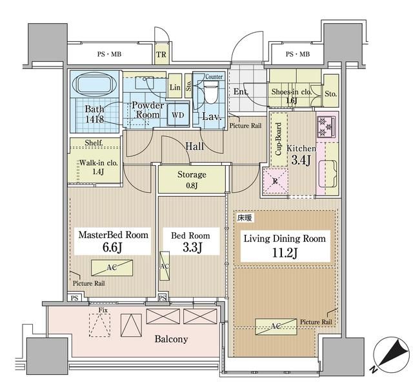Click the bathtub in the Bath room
94,84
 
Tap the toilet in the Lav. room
211,92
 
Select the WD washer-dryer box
178,115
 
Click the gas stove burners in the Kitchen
326,128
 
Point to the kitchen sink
328,173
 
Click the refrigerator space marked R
275,181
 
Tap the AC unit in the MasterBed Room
112,268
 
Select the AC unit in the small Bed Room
165,266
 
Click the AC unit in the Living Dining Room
276,326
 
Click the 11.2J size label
285,253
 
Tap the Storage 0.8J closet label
192,179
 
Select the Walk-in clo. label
99,163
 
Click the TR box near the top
161,54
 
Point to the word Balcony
171,339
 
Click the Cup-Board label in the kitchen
278,139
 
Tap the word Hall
195,146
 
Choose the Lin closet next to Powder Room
175,86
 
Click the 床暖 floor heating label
245,218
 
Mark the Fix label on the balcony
103,310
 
